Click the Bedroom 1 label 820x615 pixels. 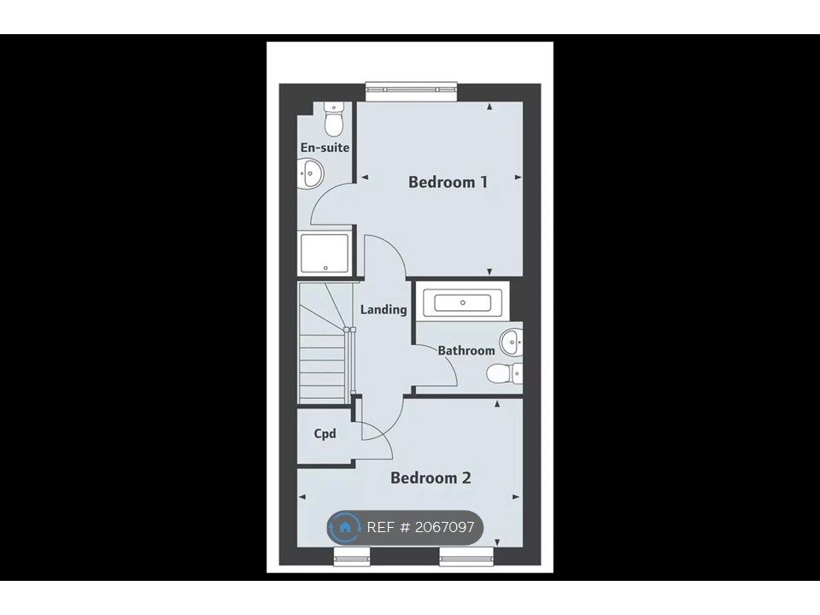click(448, 182)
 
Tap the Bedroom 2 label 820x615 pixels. click(430, 478)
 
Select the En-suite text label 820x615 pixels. click(325, 148)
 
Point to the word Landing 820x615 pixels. click(384, 309)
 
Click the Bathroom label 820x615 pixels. click(466, 350)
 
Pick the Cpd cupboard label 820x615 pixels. click(325, 434)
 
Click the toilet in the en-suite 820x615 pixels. click(333, 119)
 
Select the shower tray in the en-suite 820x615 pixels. click(325, 254)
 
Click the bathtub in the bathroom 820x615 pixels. click(462, 302)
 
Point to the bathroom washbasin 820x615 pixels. click(511, 343)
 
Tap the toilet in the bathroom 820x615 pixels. click(504, 373)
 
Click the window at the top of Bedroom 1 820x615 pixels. click(411, 91)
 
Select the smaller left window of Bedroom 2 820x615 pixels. click(352, 556)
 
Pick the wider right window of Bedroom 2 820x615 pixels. click(467, 556)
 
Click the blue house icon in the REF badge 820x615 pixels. click(344, 527)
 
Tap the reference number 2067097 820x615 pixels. click(444, 527)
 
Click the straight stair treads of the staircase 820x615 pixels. click(322, 367)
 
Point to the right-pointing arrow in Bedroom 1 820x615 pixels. click(518, 178)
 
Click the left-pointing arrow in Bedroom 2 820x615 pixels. click(302, 497)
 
